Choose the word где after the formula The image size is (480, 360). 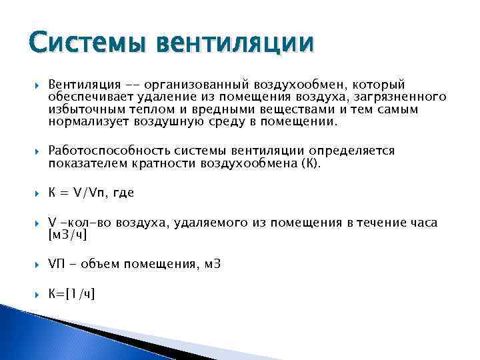123,193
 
